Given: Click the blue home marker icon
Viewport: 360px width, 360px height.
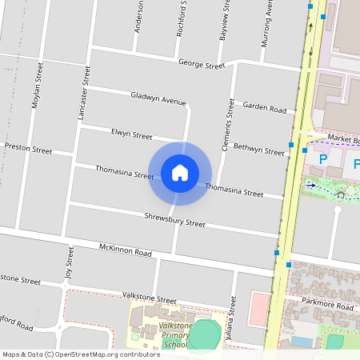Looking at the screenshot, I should (180, 173).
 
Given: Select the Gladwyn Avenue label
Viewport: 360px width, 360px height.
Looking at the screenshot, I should (158, 98).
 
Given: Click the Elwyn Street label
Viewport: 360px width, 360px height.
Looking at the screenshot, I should (131, 134).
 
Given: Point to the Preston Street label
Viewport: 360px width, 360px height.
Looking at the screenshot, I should (28, 149).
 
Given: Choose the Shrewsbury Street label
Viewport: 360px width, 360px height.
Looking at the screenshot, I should (174, 218).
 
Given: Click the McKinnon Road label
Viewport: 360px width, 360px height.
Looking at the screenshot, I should (125, 252).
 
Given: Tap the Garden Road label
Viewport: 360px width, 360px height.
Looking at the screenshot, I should (264, 107).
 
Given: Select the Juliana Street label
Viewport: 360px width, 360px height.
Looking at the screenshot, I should (234, 316).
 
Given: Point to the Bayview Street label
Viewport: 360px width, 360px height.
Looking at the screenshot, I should (224, 24).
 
